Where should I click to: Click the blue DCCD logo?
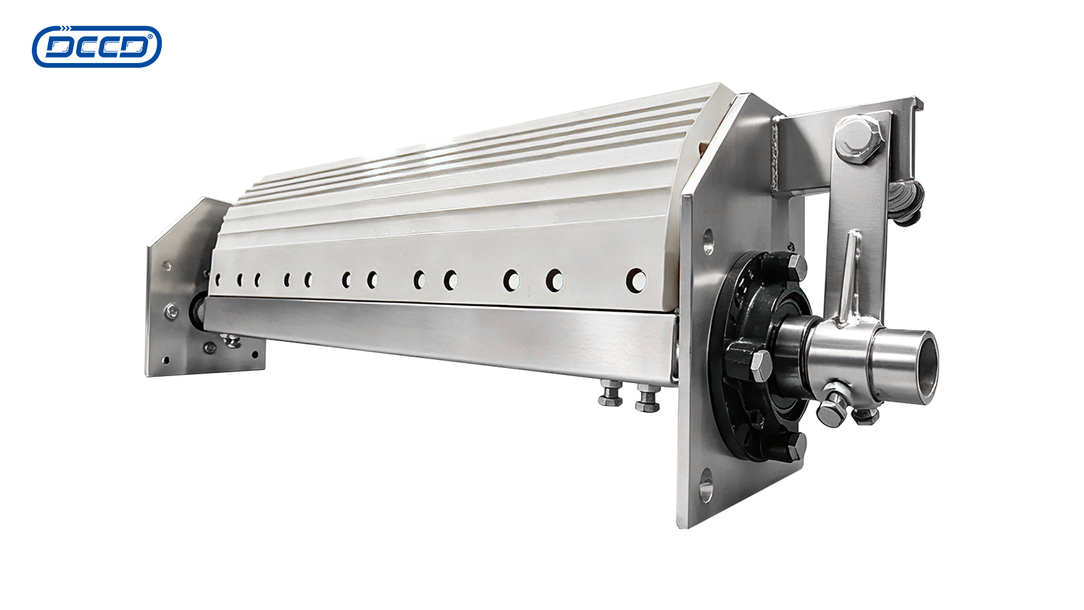[97, 47]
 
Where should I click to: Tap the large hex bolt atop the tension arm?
[858, 138]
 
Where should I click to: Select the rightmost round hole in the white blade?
[636, 281]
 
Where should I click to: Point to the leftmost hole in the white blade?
[217, 279]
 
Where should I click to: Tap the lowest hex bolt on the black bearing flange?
[793, 446]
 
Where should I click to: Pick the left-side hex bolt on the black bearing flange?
[759, 365]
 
